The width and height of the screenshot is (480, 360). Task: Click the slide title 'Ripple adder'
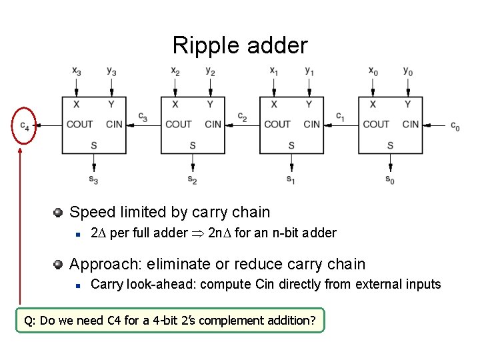(x=240, y=45)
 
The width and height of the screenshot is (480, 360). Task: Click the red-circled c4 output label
(x=24, y=125)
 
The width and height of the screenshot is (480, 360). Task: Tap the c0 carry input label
(x=455, y=125)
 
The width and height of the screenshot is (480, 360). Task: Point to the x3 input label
(x=77, y=71)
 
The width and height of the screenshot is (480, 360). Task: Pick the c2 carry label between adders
(x=242, y=117)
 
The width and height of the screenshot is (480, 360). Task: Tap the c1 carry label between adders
(x=340, y=117)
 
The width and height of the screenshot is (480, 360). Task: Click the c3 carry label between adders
(x=143, y=117)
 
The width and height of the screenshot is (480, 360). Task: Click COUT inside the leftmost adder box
(x=80, y=124)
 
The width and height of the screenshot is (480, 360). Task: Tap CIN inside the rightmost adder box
(x=410, y=124)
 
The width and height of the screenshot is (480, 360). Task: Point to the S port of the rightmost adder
(x=390, y=145)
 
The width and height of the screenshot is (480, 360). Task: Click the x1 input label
(x=274, y=71)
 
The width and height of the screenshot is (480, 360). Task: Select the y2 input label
(x=210, y=71)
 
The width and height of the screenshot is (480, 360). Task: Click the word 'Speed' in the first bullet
(x=89, y=213)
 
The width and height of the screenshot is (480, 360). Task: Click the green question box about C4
(x=170, y=320)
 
